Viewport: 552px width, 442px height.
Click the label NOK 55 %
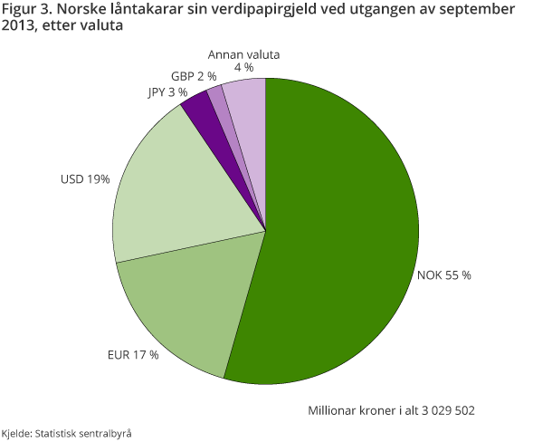click(443, 274)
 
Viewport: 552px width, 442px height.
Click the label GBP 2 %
click(192, 75)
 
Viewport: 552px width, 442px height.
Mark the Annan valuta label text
click(243, 54)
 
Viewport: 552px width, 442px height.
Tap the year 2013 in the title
click(17, 27)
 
